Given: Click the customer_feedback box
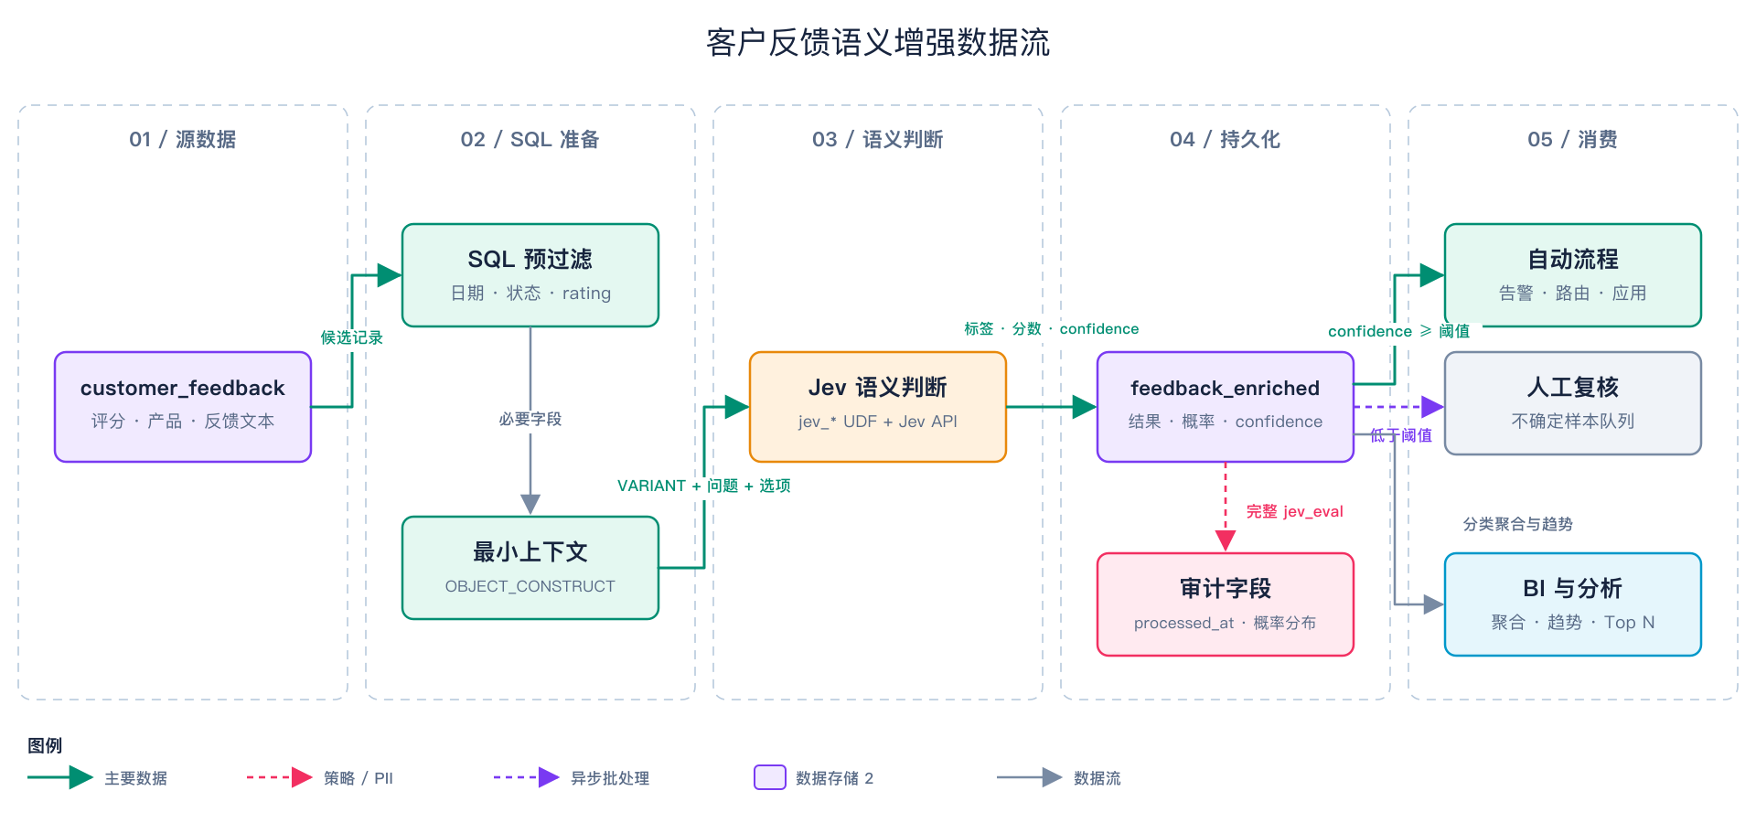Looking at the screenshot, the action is [x=183, y=407].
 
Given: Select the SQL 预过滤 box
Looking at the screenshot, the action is [x=530, y=275].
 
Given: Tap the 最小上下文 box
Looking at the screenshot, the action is [x=530, y=568].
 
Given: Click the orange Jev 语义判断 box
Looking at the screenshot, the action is [x=878, y=407].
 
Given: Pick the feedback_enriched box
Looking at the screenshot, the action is [x=1226, y=407].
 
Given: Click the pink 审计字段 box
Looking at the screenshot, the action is [x=1226, y=604].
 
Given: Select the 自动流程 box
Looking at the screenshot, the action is [x=1573, y=275].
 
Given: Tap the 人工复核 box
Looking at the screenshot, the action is [x=1573, y=403].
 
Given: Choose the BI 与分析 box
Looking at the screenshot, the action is [x=1573, y=604].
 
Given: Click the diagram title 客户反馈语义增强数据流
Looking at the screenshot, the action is [x=878, y=43].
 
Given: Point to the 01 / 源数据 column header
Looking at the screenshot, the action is [x=183, y=139].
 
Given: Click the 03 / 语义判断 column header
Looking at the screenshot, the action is [x=878, y=139].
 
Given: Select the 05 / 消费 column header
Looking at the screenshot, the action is [x=1573, y=139].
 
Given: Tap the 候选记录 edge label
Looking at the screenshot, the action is [x=351, y=337].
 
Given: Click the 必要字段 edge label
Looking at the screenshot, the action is [x=530, y=419].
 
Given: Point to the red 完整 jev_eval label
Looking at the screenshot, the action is [x=1295, y=511].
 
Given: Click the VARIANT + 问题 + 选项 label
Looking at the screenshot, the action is [x=704, y=486].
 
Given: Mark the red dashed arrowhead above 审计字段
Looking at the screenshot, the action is [x=1226, y=540].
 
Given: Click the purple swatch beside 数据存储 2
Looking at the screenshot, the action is [x=770, y=777].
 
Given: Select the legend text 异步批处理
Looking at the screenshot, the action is [x=610, y=778].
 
